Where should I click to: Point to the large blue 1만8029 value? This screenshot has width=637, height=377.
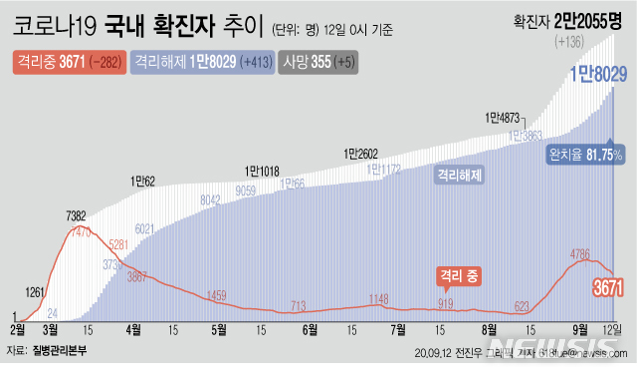[x=595, y=72]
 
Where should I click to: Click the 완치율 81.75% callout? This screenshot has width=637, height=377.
[x=585, y=156]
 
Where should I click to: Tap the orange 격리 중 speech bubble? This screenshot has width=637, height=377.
[x=459, y=274]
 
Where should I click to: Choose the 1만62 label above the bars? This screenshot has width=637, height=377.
[x=143, y=182]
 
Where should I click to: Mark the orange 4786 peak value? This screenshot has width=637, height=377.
[x=582, y=253]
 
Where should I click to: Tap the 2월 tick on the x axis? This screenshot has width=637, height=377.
[x=18, y=328]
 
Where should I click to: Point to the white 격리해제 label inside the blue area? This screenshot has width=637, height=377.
[x=459, y=174]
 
